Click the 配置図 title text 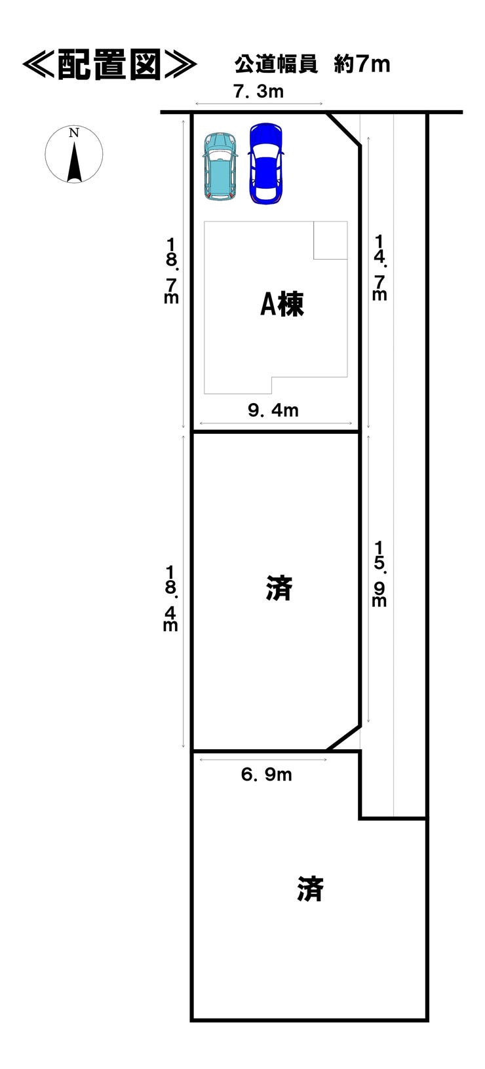tap(109, 64)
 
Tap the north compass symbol tap(74, 155)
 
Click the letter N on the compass tap(74, 133)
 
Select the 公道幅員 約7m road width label tap(312, 64)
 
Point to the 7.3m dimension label tap(258, 92)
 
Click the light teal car tap(220, 167)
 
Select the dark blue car tap(265, 163)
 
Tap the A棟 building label tap(282, 305)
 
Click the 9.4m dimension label tap(273, 411)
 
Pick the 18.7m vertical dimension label tap(172, 270)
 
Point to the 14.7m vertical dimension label tap(379, 267)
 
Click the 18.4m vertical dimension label tap(170, 598)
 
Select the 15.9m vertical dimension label tap(379, 573)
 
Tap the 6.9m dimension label tap(266, 775)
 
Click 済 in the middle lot tap(279, 588)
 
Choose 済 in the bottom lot tap(309, 889)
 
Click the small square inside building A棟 tap(330, 240)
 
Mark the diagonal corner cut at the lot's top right tap(343, 129)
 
